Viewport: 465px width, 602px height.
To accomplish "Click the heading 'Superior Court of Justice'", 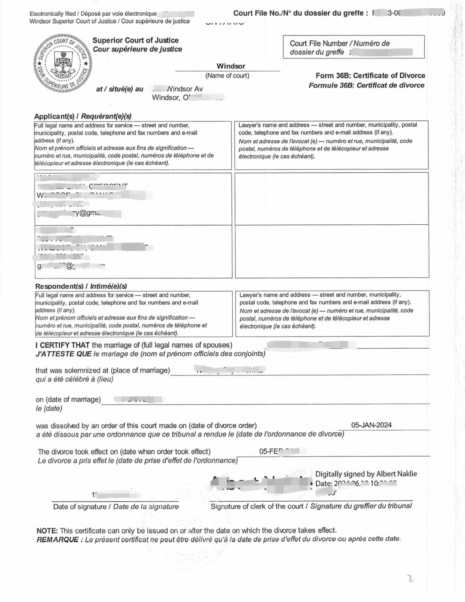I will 135,40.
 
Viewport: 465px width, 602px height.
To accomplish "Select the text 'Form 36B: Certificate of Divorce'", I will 370,76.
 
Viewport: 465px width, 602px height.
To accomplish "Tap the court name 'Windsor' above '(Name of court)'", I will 231,66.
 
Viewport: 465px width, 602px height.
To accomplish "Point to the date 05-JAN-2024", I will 371,425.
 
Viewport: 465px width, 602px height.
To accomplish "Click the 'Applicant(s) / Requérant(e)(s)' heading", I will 83,116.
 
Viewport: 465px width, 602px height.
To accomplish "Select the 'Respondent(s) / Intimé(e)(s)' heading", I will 81,286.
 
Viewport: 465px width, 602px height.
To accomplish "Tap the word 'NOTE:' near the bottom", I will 47,530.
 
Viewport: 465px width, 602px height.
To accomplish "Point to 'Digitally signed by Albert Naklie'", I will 366,474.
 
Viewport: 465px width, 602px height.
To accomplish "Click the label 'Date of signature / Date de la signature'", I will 116,506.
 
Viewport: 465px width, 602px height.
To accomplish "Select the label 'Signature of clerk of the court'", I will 257,506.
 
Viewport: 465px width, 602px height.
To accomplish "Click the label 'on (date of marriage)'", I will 68,399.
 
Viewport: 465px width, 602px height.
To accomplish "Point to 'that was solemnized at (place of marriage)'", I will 103,370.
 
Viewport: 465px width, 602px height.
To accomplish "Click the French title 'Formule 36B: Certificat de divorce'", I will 366,85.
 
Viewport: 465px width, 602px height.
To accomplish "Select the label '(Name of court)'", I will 227,76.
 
